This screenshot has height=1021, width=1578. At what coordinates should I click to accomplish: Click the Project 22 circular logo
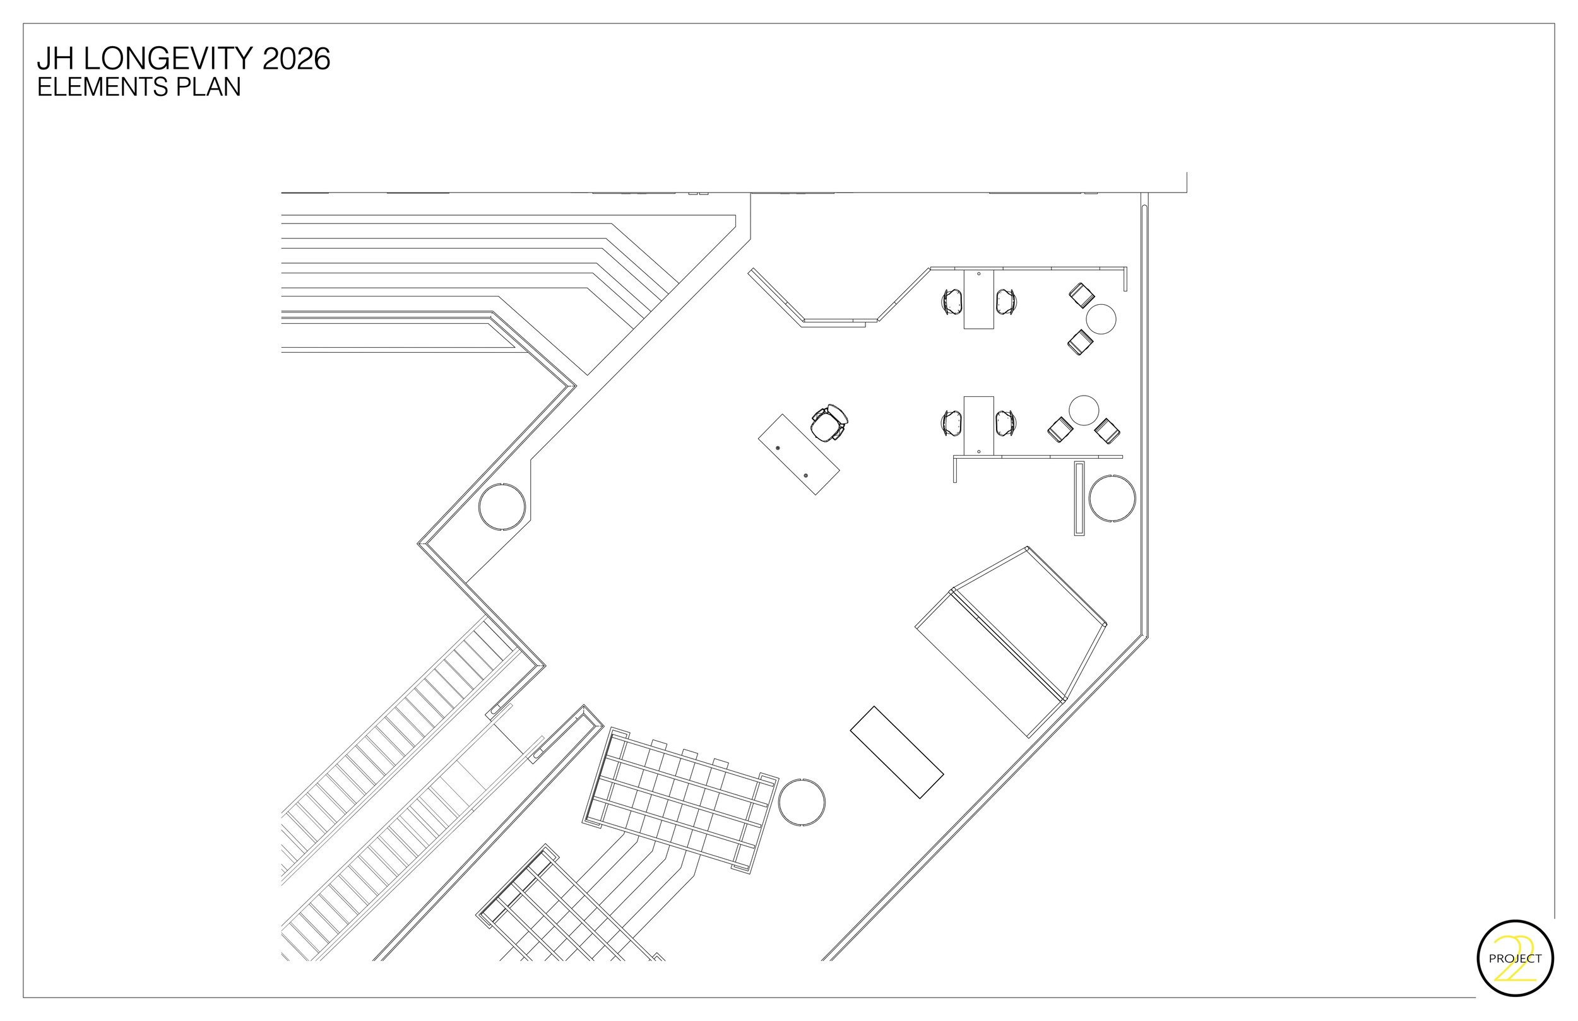coord(1515,958)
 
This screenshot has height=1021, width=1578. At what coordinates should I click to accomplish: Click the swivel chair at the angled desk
coord(829,422)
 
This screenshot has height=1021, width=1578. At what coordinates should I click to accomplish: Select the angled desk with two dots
coord(798,454)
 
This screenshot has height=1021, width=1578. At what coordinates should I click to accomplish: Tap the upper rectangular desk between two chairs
coord(978,299)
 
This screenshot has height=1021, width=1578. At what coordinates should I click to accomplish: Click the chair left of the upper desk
coord(952,302)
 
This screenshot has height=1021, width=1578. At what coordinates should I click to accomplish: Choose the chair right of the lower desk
coord(1005,423)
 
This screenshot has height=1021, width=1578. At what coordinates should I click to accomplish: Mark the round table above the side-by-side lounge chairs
coord(1084,410)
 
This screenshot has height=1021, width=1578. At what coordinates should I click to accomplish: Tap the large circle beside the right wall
coord(1112,498)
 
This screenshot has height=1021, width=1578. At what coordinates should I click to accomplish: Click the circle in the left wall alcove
coord(502,506)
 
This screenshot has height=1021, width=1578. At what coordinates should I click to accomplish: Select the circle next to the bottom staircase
coord(802,801)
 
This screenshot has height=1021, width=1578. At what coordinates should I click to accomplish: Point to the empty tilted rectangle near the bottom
coord(896,752)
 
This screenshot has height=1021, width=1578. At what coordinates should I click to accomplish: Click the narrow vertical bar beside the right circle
coord(1079,499)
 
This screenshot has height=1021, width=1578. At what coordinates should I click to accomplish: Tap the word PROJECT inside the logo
coord(1515,959)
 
